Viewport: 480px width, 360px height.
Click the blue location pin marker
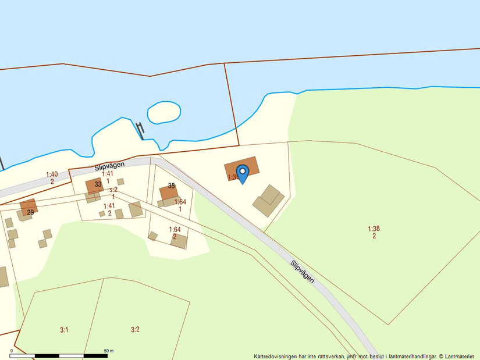click(x=243, y=172)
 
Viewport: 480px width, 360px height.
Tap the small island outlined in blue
click(x=163, y=112)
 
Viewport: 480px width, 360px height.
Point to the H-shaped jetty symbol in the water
click(x=141, y=129)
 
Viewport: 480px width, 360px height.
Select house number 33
click(x=98, y=184)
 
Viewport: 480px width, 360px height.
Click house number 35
click(x=172, y=186)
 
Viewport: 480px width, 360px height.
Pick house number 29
click(x=30, y=213)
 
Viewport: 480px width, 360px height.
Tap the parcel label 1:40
click(x=52, y=174)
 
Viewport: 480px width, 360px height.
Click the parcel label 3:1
click(x=64, y=330)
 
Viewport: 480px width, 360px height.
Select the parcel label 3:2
click(x=135, y=330)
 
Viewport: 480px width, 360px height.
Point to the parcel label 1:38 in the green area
click(x=374, y=229)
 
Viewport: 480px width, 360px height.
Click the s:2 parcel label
click(x=113, y=190)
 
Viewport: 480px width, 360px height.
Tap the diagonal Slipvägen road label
click(x=303, y=271)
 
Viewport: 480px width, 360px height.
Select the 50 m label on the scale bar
click(x=109, y=351)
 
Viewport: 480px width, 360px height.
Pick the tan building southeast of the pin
click(x=268, y=201)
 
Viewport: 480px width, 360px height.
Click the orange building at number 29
click(x=29, y=205)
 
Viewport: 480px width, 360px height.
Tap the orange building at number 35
click(x=168, y=193)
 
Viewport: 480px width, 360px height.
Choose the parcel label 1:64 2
click(x=175, y=233)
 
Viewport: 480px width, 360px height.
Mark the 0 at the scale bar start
click(x=12, y=351)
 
